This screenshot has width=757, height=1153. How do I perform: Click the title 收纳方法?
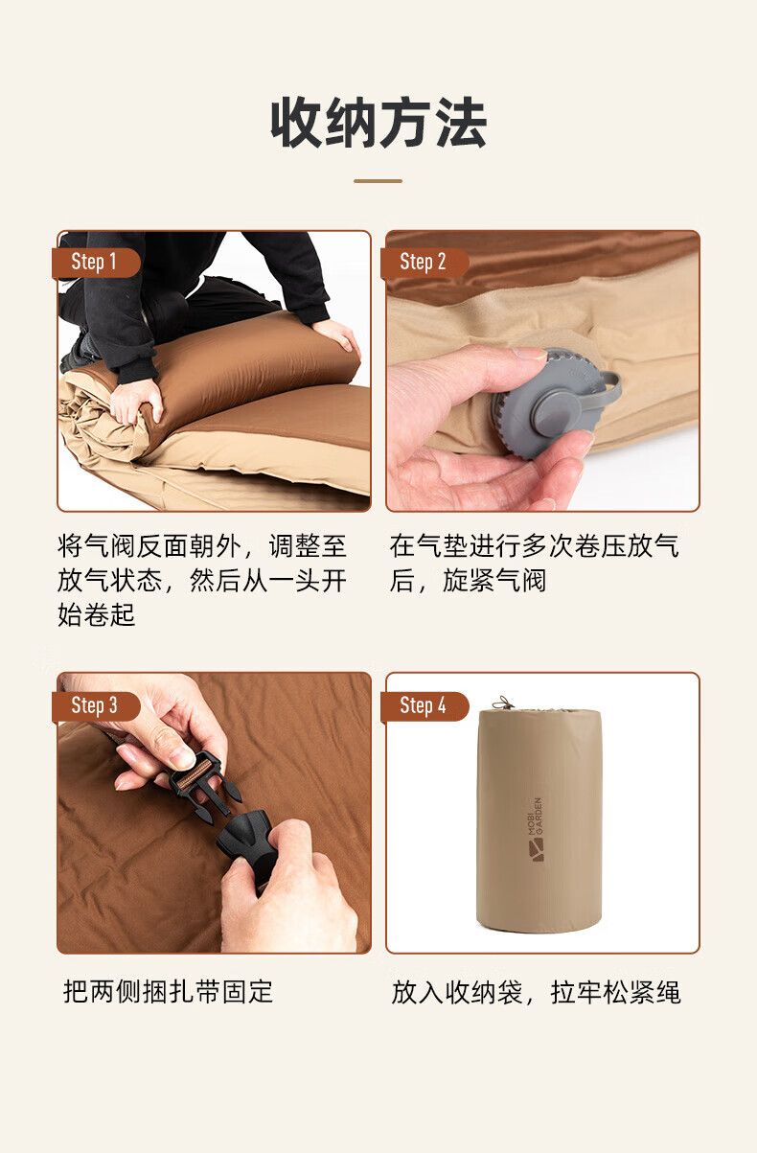[378, 123]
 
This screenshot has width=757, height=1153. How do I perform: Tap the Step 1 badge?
[96, 263]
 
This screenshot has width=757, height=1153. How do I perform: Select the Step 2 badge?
[424, 263]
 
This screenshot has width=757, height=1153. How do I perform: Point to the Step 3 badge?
[96, 706]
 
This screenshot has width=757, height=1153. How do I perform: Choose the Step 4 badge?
[424, 706]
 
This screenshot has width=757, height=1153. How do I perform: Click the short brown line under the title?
[378, 181]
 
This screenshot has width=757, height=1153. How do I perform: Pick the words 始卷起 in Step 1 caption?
[96, 614]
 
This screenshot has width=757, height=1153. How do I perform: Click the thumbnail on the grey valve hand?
[529, 353]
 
